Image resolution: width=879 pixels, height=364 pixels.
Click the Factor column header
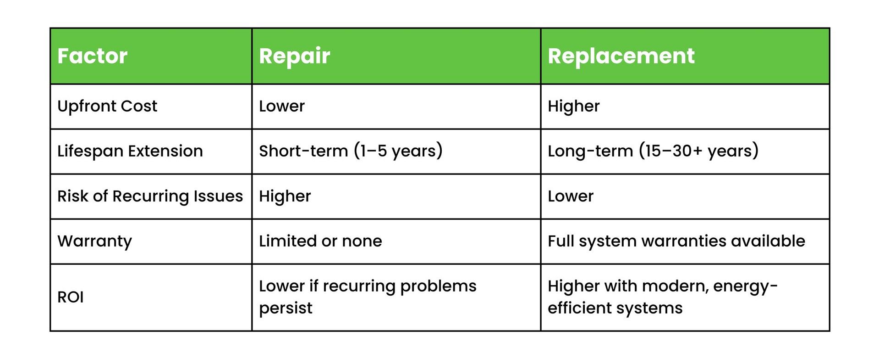pyautogui.click(x=92, y=56)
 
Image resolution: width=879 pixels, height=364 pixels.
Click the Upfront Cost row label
pyautogui.click(x=107, y=106)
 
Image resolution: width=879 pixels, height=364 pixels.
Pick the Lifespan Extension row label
pyautogui.click(x=130, y=151)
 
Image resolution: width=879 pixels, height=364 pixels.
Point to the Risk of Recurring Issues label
pyautogui.click(x=150, y=196)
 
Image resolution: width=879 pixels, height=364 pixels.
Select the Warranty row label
pyautogui.click(x=94, y=241)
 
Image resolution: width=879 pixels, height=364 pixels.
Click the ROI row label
pyautogui.click(x=71, y=297)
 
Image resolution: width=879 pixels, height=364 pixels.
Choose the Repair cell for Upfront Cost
pyautogui.click(x=281, y=106)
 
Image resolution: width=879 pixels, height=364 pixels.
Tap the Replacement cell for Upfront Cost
pyautogui.click(x=573, y=106)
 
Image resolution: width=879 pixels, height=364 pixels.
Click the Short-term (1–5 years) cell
pyautogui.click(x=351, y=151)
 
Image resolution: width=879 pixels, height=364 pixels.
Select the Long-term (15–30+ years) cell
pyautogui.click(x=653, y=151)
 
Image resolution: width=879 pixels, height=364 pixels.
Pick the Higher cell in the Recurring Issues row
pyautogui.click(x=285, y=196)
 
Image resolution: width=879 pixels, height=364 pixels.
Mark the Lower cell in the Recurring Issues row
pyautogui.click(x=571, y=196)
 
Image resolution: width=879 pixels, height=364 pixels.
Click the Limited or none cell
pyautogui.click(x=320, y=241)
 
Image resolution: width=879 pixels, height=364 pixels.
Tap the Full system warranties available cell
pyautogui.click(x=676, y=241)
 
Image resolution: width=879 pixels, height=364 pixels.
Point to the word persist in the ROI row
pyautogui.click(x=286, y=308)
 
